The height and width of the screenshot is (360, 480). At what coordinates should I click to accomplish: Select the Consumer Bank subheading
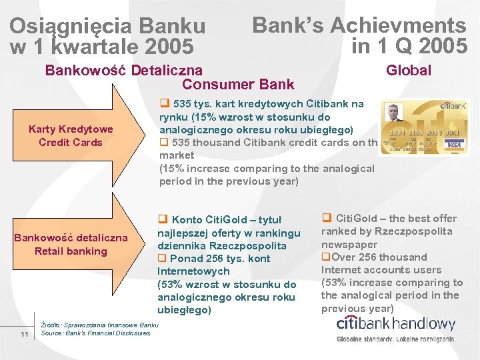tap(238, 84)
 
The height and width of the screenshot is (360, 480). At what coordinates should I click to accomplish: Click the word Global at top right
tap(409, 70)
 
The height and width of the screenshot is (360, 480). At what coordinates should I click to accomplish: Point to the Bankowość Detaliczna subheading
tap(123, 70)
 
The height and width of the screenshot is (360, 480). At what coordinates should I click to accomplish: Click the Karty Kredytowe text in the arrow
tap(71, 129)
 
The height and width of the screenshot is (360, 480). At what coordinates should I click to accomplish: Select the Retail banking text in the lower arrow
tap(71, 251)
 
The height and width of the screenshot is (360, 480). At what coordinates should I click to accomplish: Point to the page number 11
tap(24, 334)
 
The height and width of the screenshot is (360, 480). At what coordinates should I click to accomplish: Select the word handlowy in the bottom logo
tap(425, 325)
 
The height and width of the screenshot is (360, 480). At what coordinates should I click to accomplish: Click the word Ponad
tap(185, 259)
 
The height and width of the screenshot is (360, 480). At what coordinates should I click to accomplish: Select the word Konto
tap(187, 220)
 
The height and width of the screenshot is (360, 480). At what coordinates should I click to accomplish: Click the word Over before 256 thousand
tap(343, 257)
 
